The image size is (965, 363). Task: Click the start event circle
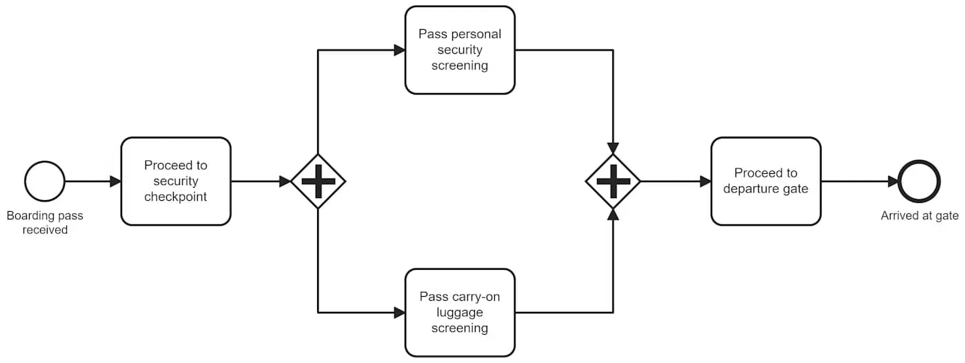[x=45, y=181]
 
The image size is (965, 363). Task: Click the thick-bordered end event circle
[x=920, y=181]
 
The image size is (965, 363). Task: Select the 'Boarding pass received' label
[x=45, y=222]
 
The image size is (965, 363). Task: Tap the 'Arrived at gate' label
[x=920, y=216]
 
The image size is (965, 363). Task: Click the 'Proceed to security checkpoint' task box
[x=176, y=181]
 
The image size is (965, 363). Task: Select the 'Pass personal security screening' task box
[x=460, y=50]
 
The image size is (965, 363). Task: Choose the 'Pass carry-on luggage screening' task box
[x=460, y=313]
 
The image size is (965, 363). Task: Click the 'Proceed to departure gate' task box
[x=766, y=181]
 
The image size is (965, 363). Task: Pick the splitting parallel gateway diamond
[x=318, y=181]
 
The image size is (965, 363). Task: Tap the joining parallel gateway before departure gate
[x=613, y=181]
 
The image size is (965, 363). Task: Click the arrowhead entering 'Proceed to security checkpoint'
[x=116, y=181]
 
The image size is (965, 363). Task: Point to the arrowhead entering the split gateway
[x=285, y=181]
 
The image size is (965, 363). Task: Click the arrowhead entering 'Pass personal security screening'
[x=399, y=50]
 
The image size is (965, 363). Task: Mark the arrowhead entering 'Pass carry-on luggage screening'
[x=399, y=313]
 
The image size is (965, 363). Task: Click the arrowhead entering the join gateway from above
[x=613, y=148]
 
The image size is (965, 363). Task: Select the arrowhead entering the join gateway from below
[x=613, y=215]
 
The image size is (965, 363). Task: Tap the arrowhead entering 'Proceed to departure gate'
[x=705, y=181]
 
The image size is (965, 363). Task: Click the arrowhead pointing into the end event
[x=893, y=181]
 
